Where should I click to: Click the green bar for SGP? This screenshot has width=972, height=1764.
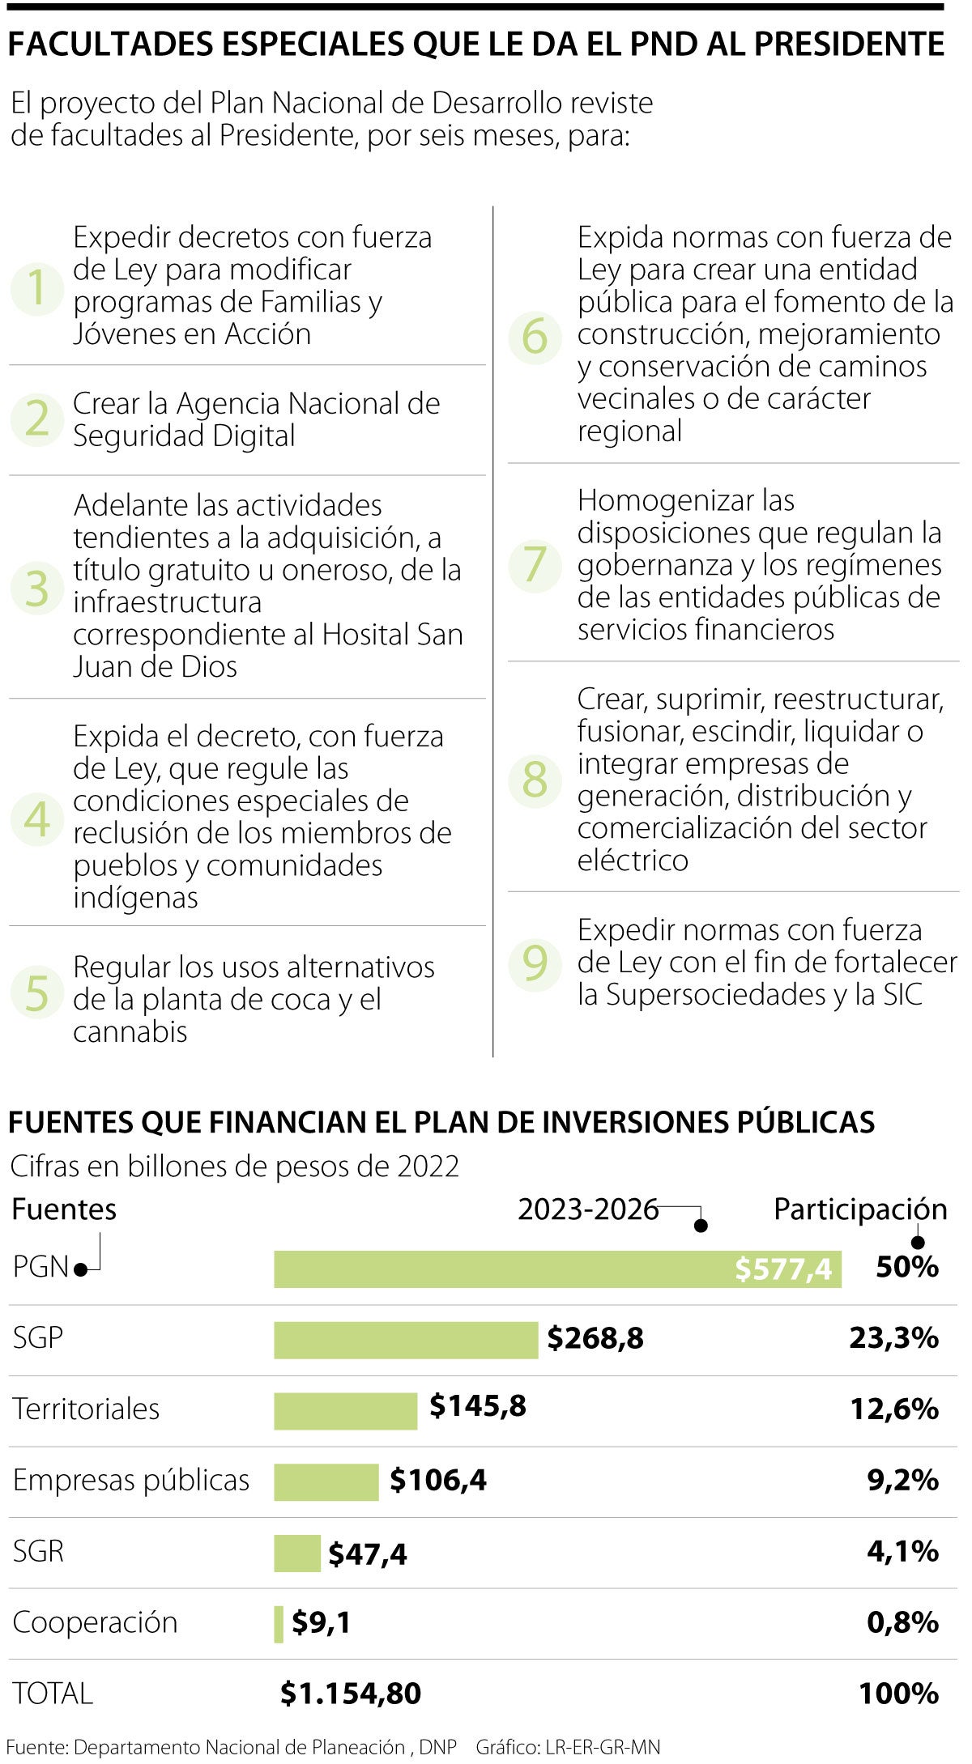click(405, 1340)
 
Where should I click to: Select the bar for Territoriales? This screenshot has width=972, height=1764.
click(345, 1411)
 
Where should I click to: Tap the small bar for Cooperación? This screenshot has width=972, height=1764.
click(279, 1624)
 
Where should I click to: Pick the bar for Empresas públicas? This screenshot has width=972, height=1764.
click(326, 1481)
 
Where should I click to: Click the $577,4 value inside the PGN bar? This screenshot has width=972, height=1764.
click(782, 1269)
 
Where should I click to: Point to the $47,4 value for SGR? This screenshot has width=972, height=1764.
click(367, 1554)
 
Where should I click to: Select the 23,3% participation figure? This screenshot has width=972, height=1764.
click(893, 1338)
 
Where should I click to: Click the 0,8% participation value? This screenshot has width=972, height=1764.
click(902, 1622)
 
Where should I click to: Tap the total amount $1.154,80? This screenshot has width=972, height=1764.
click(350, 1693)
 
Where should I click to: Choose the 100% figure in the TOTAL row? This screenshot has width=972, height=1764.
click(898, 1693)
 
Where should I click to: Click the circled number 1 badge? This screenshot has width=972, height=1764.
click(36, 288)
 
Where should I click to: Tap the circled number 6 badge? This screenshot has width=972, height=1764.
click(535, 337)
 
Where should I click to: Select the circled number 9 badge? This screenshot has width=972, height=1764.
click(535, 963)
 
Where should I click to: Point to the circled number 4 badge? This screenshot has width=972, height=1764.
click(36, 818)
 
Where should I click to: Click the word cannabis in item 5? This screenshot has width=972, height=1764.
click(130, 1032)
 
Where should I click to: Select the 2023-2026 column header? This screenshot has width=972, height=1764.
click(588, 1209)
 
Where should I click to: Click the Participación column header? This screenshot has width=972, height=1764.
click(860, 1209)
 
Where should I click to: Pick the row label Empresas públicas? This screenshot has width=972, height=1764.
click(131, 1480)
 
